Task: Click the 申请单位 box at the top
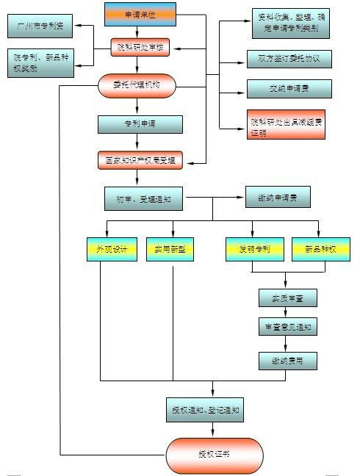coord(140,14)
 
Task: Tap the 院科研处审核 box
coord(140,49)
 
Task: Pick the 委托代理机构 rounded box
coord(138,86)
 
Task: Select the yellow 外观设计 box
coord(111,250)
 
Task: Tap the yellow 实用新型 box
coord(170,250)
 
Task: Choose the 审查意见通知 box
coord(287,328)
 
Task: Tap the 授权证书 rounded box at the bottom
coord(214,455)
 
